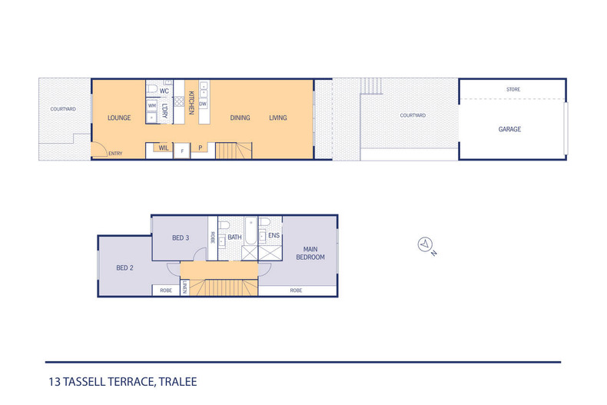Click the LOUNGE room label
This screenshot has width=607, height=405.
pos(119,118)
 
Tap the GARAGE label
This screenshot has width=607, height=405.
pos(509,129)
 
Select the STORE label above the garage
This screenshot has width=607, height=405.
pos(512,90)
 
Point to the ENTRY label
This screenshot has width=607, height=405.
pos(115,154)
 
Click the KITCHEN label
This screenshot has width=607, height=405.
pos(191,103)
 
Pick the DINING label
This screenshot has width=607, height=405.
pos(240,118)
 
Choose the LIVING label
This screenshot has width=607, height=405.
pos(277,118)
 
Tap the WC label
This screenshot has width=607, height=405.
pos(164,91)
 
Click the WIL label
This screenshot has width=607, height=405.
pos(164,147)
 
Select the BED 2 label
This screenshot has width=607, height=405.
pos(125,268)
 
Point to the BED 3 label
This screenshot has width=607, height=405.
pos(181,238)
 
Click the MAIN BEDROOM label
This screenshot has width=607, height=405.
pos(310,253)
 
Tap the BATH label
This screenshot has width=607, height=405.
pos(234,237)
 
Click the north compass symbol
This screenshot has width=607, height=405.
pos(423,245)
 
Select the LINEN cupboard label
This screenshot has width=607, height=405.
pos(185,289)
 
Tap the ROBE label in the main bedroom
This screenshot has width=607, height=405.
pos(296,290)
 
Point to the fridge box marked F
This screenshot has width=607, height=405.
pos(181,151)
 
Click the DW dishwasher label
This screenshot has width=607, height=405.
pos(204,104)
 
